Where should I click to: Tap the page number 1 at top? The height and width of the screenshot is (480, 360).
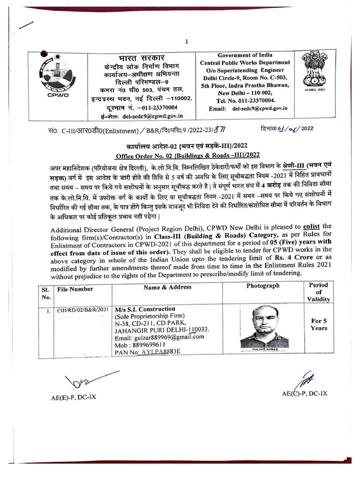pyautogui.click(x=187, y=42)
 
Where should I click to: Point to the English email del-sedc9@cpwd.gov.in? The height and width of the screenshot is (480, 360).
pyautogui.click(x=260, y=108)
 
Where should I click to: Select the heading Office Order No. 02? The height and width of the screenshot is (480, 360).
pyautogui.click(x=187, y=155)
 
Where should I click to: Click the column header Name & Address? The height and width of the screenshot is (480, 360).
pyautogui.click(x=167, y=287)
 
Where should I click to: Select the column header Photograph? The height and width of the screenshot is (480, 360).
pyautogui.click(x=262, y=285)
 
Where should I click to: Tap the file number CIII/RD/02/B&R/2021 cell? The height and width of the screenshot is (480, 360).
pyautogui.click(x=83, y=310)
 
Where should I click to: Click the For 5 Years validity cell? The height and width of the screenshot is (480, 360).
pyautogui.click(x=319, y=324)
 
